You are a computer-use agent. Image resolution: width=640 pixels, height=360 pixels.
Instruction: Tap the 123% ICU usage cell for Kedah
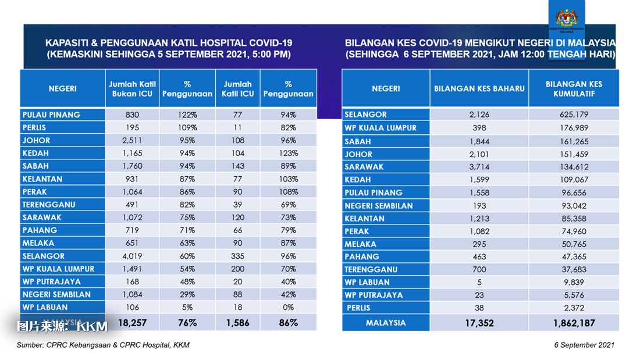click(x=288, y=154)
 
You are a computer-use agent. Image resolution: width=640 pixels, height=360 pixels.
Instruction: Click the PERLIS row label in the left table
click(x=34, y=128)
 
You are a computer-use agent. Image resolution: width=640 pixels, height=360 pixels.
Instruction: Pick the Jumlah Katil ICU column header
click(x=237, y=88)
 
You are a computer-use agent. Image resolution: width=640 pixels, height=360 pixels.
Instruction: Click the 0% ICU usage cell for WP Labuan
click(x=288, y=307)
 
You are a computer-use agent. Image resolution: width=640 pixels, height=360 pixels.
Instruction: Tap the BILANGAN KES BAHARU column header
click(x=479, y=89)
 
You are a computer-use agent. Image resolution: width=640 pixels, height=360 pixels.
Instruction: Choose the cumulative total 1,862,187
click(x=574, y=323)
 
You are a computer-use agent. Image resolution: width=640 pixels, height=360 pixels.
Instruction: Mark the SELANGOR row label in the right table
click(x=365, y=115)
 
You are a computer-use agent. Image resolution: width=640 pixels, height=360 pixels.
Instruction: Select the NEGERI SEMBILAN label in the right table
click(x=379, y=205)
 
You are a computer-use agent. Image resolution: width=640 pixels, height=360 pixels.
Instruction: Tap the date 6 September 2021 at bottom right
click(x=584, y=345)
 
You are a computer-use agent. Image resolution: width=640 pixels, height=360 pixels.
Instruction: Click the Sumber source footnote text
click(x=103, y=345)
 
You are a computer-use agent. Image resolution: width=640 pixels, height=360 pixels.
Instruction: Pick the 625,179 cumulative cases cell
click(x=574, y=115)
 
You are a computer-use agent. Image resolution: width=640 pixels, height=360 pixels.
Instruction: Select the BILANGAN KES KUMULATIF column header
click(x=574, y=88)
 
